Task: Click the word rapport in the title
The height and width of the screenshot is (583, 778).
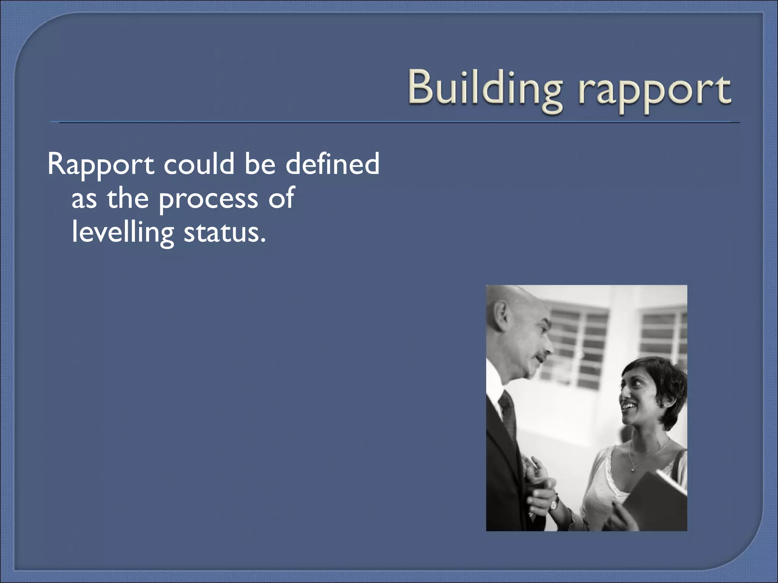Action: pos(654,91)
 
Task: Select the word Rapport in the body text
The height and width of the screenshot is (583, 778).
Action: pos(101,164)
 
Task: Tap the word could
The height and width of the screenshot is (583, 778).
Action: pos(199,164)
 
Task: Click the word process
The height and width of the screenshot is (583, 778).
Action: pos(208,199)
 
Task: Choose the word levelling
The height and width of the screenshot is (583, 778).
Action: pos(123,232)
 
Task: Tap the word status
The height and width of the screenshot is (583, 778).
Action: pos(224,232)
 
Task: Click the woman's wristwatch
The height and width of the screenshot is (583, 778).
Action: pos(555,503)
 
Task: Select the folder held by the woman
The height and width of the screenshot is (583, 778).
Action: pos(657,497)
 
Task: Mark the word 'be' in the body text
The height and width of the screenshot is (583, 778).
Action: pos(260,164)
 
